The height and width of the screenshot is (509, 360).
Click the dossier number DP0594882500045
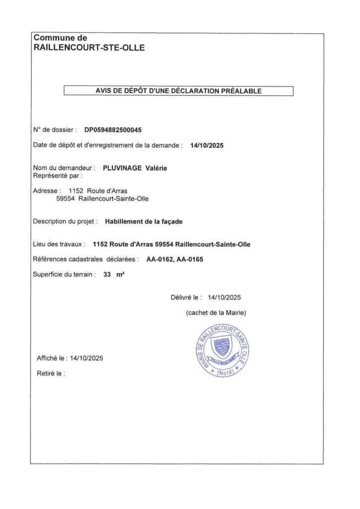(x=113, y=130)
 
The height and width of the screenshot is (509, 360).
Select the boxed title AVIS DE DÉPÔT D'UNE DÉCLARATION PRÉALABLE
(x=179, y=91)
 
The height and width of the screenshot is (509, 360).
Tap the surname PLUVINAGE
(x=122, y=168)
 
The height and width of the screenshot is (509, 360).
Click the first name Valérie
(x=156, y=168)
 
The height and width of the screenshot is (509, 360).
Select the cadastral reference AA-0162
(x=160, y=259)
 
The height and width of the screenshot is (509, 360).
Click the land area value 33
(x=107, y=274)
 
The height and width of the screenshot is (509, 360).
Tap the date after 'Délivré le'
(x=224, y=297)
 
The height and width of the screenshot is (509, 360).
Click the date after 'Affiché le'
(x=87, y=358)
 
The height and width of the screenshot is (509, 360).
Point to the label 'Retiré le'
(x=51, y=373)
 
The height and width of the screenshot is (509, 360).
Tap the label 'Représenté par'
(x=57, y=175)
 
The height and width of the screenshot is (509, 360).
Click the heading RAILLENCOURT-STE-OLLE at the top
(x=89, y=48)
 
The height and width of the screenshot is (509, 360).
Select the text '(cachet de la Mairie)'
(x=216, y=313)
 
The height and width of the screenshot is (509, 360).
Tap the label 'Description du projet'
(x=65, y=222)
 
